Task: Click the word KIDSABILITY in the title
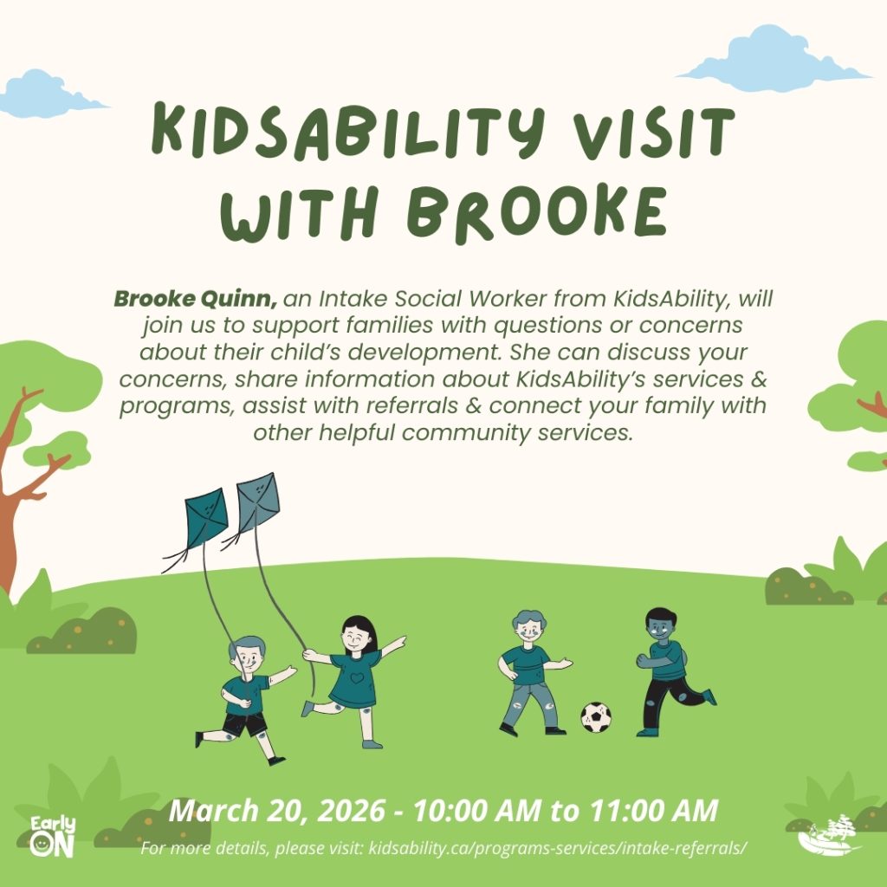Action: pos(347,132)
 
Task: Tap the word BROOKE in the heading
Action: pos(537,213)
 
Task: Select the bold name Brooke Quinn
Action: pos(195,299)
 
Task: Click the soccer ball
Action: pos(596,716)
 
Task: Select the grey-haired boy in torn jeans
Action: pos(532,672)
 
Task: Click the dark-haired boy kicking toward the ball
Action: pos(673,671)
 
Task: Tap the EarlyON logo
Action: pos(53,836)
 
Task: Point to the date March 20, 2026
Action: pos(277,810)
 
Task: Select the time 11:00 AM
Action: pos(653,810)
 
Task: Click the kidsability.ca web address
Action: pos(558,848)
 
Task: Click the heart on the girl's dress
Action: pos(356,677)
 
